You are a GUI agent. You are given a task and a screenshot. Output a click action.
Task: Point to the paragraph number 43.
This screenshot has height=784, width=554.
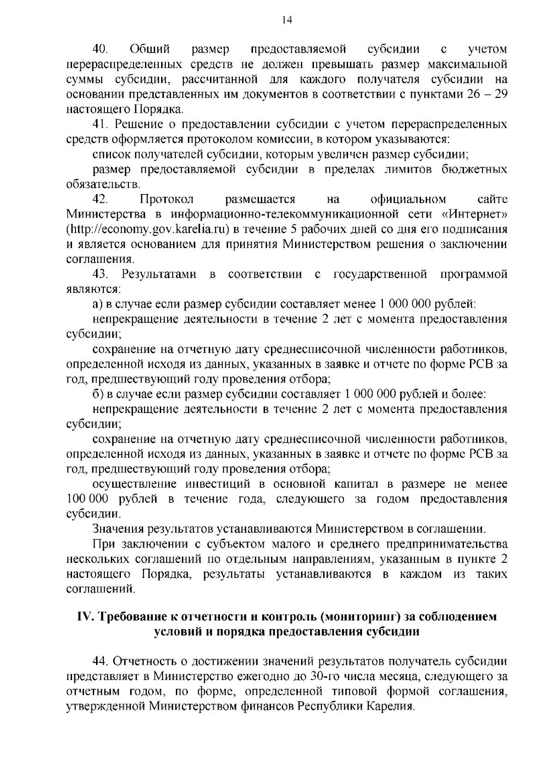point(101,274)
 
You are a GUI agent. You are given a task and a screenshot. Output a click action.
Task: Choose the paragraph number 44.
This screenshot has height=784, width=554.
point(101,662)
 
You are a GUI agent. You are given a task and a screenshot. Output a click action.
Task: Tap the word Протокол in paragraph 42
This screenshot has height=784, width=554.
point(167,199)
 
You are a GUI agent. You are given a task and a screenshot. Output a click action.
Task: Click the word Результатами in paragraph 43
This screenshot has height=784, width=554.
point(159,274)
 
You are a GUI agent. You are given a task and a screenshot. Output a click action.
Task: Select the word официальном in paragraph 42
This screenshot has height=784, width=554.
point(409,199)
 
